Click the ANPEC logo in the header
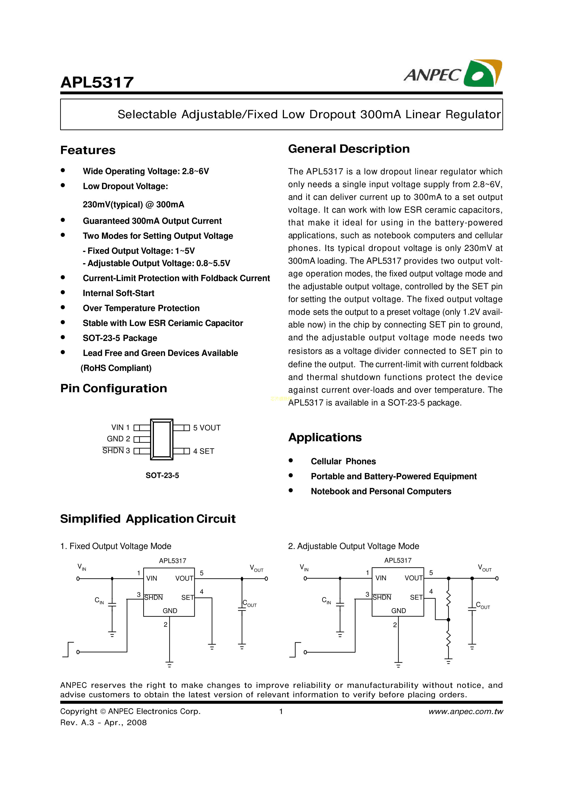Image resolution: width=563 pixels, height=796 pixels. tap(452, 73)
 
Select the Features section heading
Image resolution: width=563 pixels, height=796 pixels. tap(88, 150)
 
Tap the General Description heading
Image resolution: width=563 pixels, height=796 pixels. tap(349, 149)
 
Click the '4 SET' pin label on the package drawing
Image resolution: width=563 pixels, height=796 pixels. tap(204, 451)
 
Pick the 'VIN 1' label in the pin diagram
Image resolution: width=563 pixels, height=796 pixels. tap(120, 427)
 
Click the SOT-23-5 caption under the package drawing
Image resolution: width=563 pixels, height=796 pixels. tap(162, 475)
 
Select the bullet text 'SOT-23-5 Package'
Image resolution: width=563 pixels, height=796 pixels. tap(120, 338)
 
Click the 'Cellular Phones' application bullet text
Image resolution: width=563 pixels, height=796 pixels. tap(343, 461)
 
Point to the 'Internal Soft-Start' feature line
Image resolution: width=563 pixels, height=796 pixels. tap(118, 293)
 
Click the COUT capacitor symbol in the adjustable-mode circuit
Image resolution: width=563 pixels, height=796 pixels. tap(472, 608)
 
